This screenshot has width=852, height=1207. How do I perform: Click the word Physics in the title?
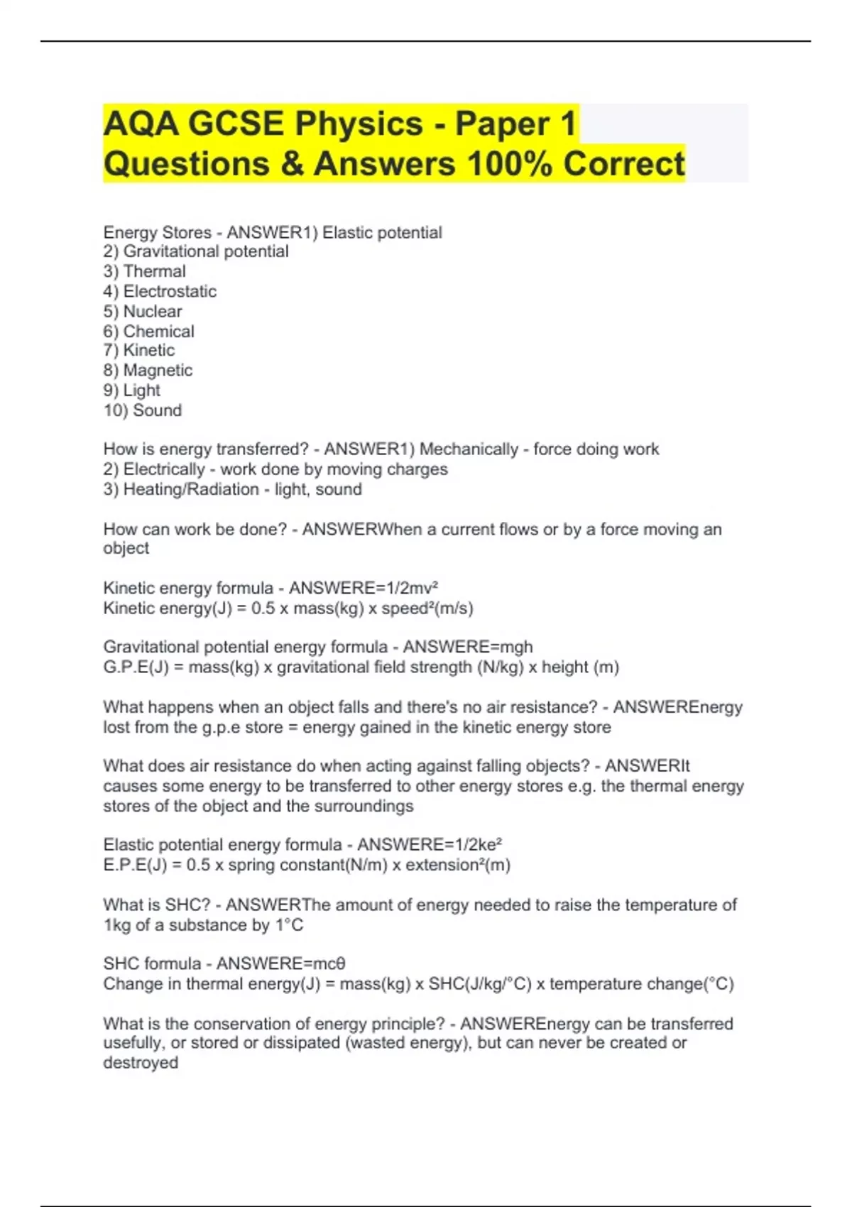tap(359, 124)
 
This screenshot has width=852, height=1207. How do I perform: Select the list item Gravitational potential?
tap(206, 251)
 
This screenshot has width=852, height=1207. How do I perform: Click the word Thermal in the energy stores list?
tap(154, 271)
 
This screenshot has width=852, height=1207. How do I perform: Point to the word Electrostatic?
tap(170, 291)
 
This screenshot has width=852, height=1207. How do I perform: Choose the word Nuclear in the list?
tap(153, 311)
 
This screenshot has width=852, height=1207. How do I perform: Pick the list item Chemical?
tap(158, 331)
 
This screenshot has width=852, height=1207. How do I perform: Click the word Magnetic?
tap(158, 370)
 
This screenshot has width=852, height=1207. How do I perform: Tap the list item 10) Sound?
tap(143, 410)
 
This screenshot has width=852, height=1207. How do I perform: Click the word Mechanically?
tap(469, 449)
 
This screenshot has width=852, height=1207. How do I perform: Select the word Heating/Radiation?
tap(191, 489)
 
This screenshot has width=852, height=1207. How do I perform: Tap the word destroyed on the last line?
tap(141, 1063)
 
